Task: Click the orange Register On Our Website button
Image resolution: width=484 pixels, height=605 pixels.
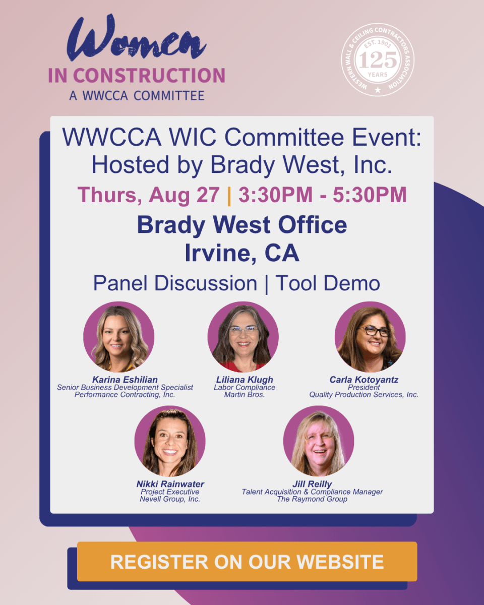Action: pyautogui.click(x=247, y=562)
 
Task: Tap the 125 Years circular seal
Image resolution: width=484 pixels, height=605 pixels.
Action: pyautogui.click(x=378, y=59)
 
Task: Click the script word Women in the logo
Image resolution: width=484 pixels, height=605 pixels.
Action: pyautogui.click(x=137, y=38)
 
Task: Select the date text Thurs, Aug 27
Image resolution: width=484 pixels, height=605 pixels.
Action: pyautogui.click(x=149, y=195)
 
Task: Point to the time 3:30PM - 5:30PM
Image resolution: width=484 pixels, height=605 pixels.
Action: pyautogui.click(x=323, y=194)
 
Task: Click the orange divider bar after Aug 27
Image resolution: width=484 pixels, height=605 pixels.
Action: pyautogui.click(x=229, y=196)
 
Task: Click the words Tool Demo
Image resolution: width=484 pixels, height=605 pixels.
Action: pyautogui.click(x=328, y=283)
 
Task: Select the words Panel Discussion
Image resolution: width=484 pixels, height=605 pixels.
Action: pyautogui.click(x=175, y=283)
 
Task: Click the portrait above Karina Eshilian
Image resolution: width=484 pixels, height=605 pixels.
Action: pyautogui.click(x=118, y=337)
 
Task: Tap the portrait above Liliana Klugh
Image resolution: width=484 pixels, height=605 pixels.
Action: pyautogui.click(x=244, y=337)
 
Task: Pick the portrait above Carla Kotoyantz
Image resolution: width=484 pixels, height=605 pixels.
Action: pyautogui.click(x=370, y=337)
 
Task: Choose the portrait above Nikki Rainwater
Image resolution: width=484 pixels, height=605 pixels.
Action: pyautogui.click(x=170, y=441)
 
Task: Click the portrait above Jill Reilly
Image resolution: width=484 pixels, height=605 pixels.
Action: pyautogui.click(x=319, y=441)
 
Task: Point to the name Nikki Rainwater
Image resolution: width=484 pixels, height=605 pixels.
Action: pyautogui.click(x=170, y=484)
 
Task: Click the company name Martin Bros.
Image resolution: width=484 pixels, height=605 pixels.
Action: pyautogui.click(x=245, y=395)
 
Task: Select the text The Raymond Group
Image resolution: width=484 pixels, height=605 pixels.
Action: pyautogui.click(x=312, y=499)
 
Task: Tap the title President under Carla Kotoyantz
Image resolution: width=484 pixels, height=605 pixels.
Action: pyautogui.click(x=364, y=387)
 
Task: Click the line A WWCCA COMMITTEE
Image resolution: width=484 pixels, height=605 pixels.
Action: pyautogui.click(x=137, y=96)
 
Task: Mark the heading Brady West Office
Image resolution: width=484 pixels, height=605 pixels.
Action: pyautogui.click(x=242, y=225)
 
